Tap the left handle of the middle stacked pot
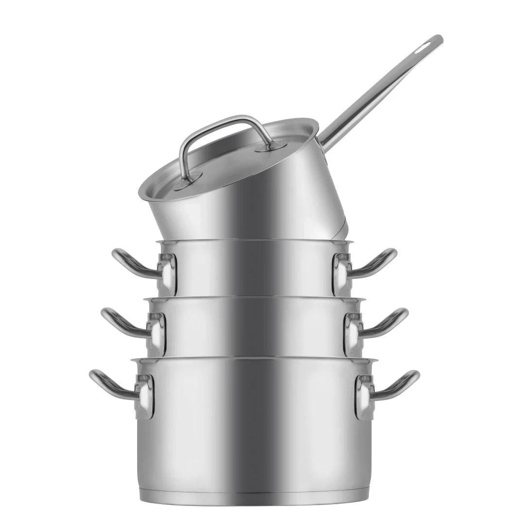click(x=121, y=322)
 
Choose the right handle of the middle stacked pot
click(x=387, y=322)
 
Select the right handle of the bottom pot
click(x=398, y=384)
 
